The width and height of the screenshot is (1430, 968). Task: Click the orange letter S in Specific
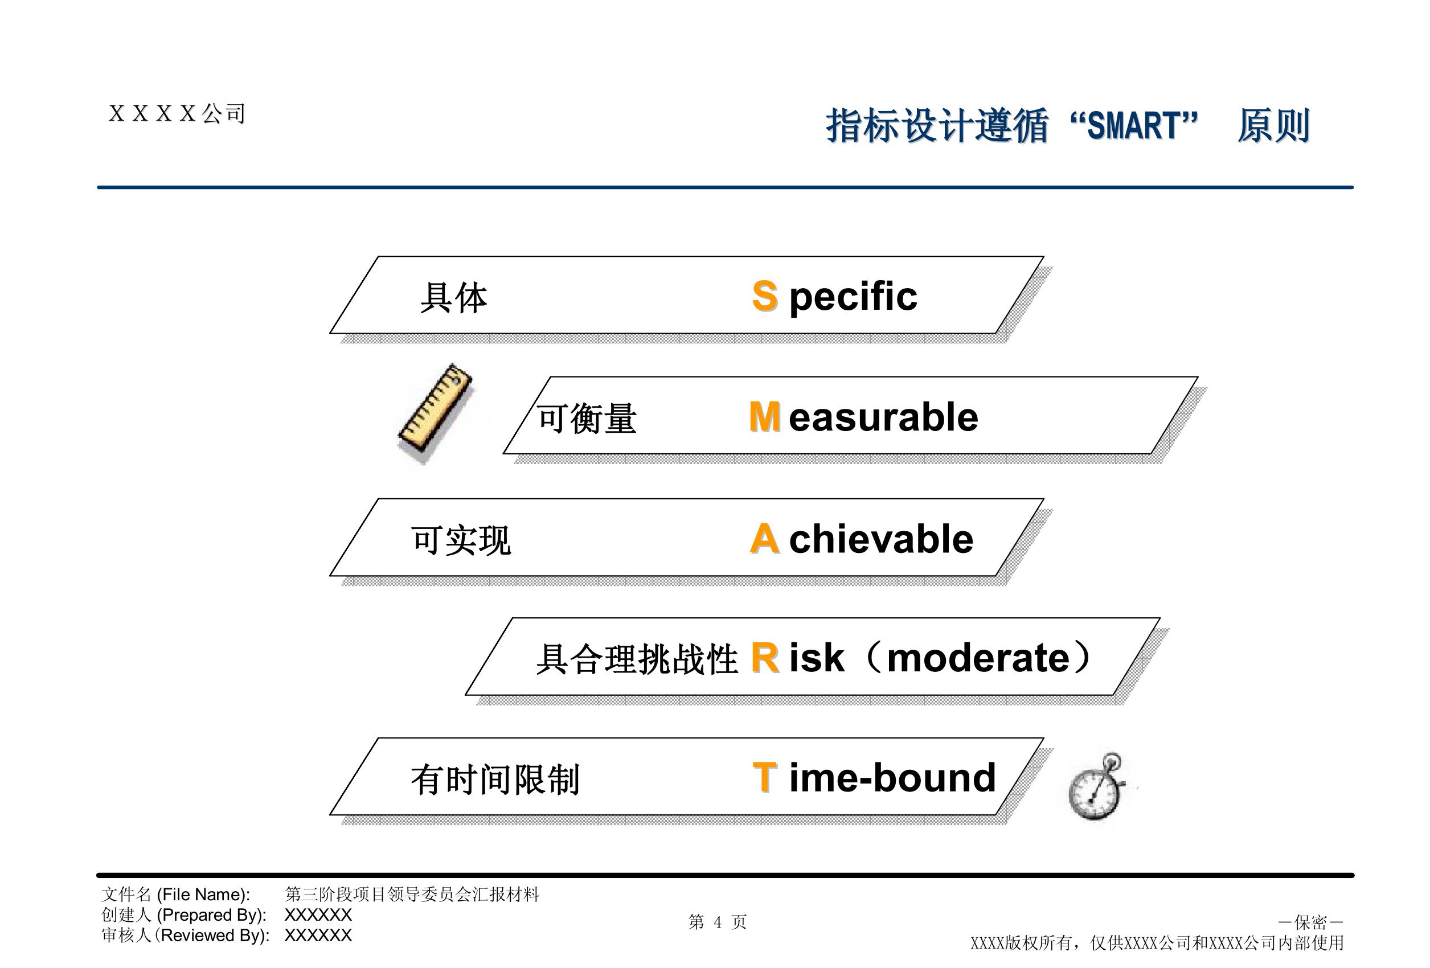pyautogui.click(x=765, y=296)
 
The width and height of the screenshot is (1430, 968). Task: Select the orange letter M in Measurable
pyautogui.click(x=765, y=417)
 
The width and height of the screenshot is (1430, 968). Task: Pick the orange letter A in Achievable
pyautogui.click(x=765, y=539)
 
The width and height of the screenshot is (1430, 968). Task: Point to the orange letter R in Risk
pyautogui.click(x=765, y=657)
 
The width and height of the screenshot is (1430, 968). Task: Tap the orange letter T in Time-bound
pyautogui.click(x=765, y=777)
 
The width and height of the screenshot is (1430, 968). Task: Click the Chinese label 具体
pyautogui.click(x=453, y=297)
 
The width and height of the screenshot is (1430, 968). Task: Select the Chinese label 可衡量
pyautogui.click(x=587, y=419)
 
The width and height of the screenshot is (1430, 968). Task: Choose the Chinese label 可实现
pyautogui.click(x=461, y=540)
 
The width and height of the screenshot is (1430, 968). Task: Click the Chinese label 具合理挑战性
pyautogui.click(x=637, y=659)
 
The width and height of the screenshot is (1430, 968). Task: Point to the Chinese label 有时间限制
pyautogui.click(x=495, y=779)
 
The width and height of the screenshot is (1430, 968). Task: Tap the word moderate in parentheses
pyautogui.click(x=978, y=658)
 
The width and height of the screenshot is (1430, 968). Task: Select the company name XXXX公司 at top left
pyautogui.click(x=177, y=113)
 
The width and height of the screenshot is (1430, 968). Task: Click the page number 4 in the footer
pyautogui.click(x=718, y=922)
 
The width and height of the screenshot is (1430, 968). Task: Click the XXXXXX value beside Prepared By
pyautogui.click(x=318, y=914)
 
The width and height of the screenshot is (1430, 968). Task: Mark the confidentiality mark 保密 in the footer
pyautogui.click(x=1310, y=922)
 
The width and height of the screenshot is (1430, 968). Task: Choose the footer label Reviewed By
pyautogui.click(x=214, y=936)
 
